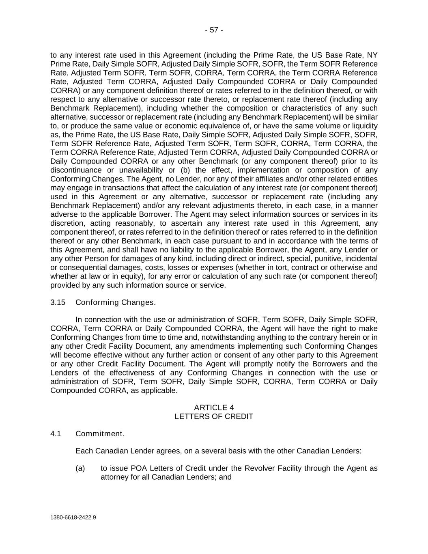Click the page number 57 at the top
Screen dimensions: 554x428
(x=214, y=30)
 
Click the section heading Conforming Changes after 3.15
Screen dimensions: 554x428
(x=115, y=302)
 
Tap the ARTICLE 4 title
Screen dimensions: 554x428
(x=214, y=407)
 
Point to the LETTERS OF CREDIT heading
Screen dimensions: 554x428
(x=214, y=416)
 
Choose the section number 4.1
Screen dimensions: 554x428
(x=56, y=434)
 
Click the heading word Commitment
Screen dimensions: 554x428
(x=100, y=434)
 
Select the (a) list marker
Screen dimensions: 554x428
(x=80, y=468)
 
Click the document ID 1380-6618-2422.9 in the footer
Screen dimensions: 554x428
(x=73, y=517)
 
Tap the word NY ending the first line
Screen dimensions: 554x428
(x=372, y=55)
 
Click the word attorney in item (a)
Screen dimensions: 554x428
(x=114, y=477)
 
